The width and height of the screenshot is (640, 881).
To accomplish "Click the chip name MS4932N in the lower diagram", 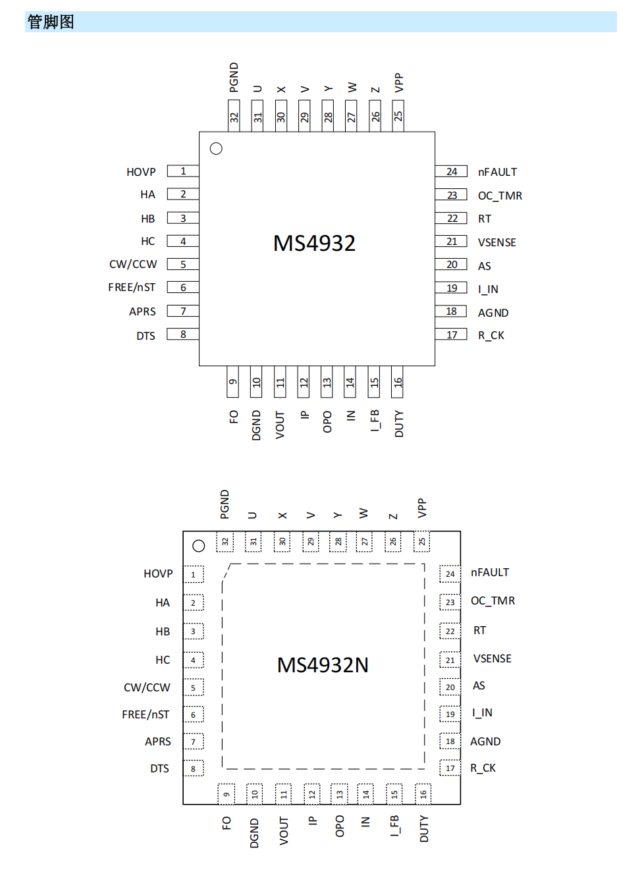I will point(323,665).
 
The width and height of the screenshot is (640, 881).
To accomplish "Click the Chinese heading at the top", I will point(51,22).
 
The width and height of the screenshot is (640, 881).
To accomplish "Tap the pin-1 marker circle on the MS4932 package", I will point(216,149).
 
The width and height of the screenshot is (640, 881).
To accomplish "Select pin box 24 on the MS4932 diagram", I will point(451,171).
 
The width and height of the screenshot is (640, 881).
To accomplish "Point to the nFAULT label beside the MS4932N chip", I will point(490,572).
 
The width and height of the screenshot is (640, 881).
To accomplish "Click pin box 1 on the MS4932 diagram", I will point(183,171).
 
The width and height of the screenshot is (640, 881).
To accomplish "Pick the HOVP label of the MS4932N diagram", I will point(158,574).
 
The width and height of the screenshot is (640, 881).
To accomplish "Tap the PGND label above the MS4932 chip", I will point(234,77).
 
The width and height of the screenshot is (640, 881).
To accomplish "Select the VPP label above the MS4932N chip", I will point(422,508).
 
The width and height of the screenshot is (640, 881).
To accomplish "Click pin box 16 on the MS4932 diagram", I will point(398,382).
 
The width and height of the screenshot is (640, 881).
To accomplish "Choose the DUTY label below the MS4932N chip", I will point(424,828).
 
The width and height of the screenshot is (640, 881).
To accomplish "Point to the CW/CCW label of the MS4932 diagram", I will point(133,264).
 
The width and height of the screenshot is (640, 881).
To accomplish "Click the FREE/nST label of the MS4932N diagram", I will point(146,714).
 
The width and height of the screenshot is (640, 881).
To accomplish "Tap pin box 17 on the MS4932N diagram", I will point(450,768).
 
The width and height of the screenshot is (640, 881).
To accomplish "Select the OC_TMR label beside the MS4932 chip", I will point(500,196).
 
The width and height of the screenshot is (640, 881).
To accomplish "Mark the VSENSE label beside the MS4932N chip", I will point(492,658).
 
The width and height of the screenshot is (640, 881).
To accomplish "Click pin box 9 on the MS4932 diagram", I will point(232,382).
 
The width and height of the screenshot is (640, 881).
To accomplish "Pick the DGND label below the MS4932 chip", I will point(256,425).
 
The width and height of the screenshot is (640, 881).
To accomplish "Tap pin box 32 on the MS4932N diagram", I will point(225,541).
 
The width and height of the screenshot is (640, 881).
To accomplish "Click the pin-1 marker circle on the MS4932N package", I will point(199,546).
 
